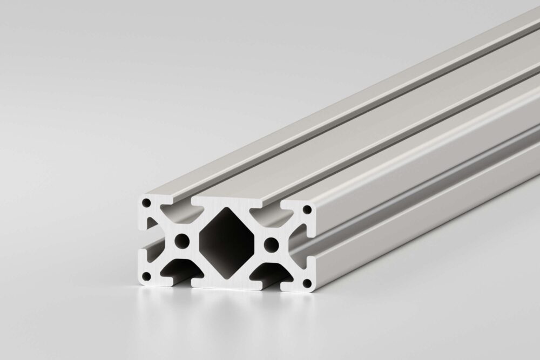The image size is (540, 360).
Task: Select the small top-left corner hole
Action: click(146, 203)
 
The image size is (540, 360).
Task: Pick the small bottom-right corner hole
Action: click(306, 282)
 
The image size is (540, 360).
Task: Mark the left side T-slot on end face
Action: click(148, 240)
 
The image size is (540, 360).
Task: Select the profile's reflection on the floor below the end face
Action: click(227, 308)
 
